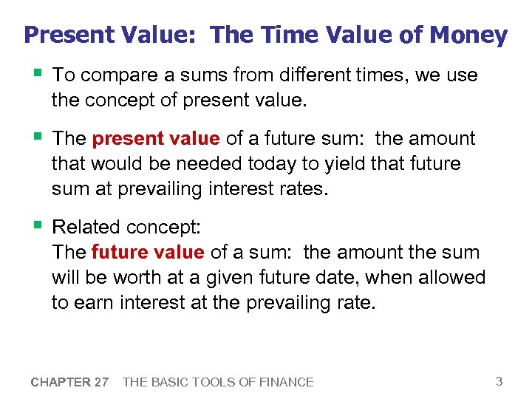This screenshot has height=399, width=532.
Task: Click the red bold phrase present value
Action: point(155,139)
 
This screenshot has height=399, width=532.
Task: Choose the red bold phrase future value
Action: point(148,253)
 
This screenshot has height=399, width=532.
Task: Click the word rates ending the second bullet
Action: point(300,189)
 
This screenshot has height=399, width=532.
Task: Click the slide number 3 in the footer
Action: point(499,382)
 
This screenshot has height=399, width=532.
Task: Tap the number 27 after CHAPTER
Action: point(101,383)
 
